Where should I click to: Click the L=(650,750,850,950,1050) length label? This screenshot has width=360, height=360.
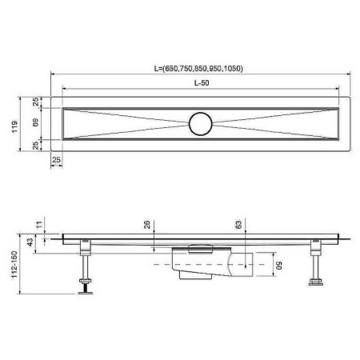[x=198, y=69]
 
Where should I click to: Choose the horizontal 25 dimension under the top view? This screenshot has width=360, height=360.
[x=57, y=161]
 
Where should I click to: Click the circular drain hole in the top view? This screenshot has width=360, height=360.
[x=200, y=124]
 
